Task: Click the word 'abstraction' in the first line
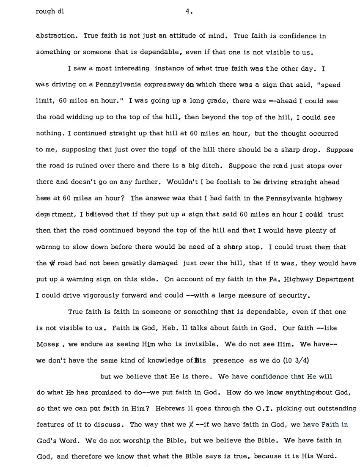[x=57, y=36]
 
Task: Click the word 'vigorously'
[x=99, y=296]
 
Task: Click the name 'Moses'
[x=47, y=344]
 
